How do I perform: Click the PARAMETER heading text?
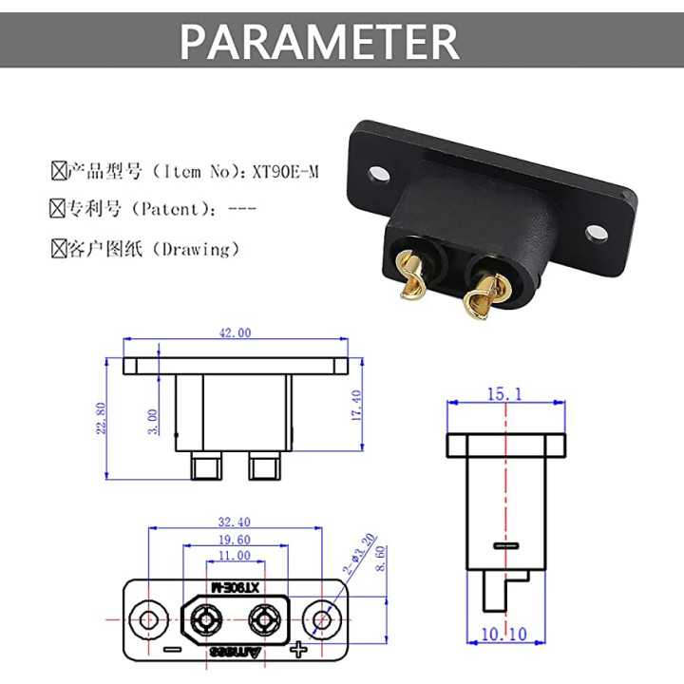pyautogui.click(x=319, y=41)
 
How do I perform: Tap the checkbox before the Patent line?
pyautogui.click(x=58, y=208)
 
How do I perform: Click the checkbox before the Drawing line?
pyautogui.click(x=58, y=249)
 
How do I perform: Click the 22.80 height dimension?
pyautogui.click(x=102, y=418)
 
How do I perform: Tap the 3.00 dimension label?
pyautogui.click(x=154, y=419)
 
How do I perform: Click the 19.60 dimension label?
pyautogui.click(x=234, y=539)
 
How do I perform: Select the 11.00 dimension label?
pyautogui.click(x=234, y=555)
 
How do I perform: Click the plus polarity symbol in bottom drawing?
pyautogui.click(x=299, y=651)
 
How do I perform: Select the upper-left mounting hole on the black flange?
pyautogui.click(x=379, y=174)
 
